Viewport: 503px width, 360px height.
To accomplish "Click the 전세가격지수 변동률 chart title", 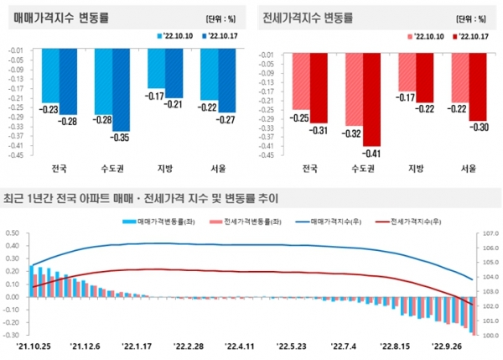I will pos(307,16).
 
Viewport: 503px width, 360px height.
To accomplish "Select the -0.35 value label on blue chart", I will pos(120,137).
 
